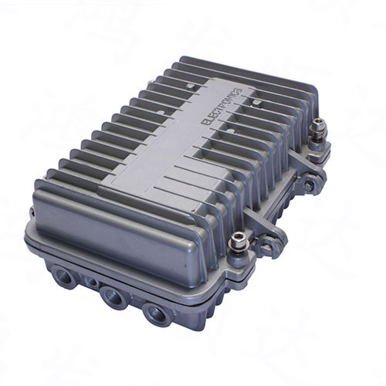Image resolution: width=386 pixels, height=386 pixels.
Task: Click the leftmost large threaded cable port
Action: point(63,273)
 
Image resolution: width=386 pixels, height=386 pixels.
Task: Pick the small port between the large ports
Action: point(92,283)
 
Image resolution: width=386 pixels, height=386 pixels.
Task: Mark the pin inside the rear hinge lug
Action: point(309,186)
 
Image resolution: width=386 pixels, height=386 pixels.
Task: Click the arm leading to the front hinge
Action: point(257,224)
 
